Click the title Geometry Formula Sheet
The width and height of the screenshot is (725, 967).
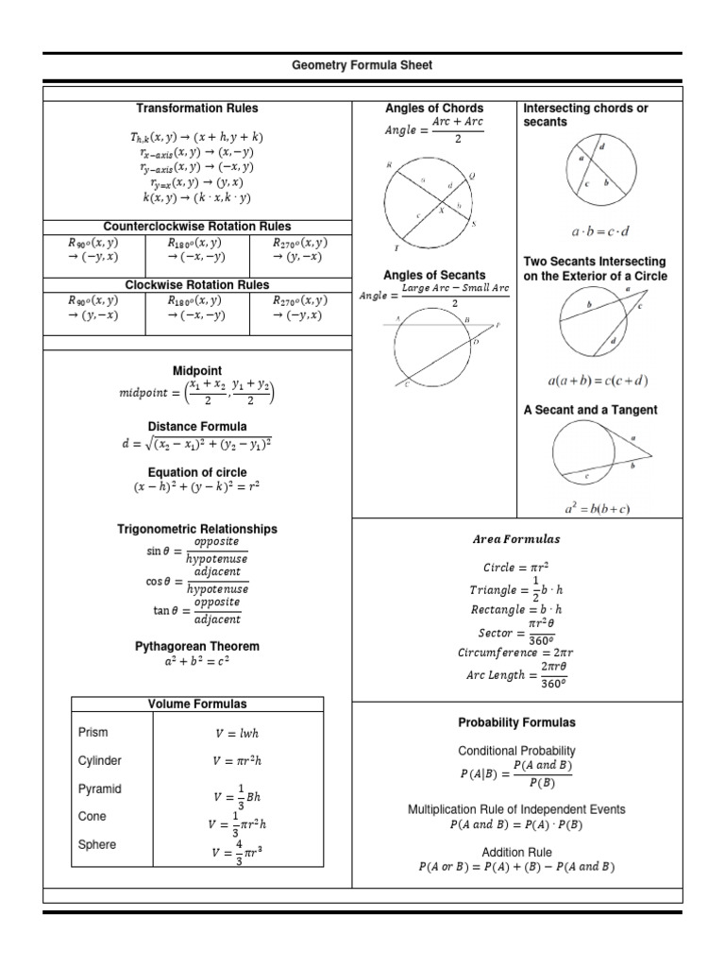362,65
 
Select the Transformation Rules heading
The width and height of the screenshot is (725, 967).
197,109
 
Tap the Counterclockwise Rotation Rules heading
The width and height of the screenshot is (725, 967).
197,227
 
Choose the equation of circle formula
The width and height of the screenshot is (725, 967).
197,487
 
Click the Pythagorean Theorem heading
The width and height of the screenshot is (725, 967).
197,647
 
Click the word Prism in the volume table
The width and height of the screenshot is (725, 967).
93,732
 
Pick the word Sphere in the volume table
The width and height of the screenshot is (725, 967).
97,844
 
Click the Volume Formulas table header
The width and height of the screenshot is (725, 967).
197,704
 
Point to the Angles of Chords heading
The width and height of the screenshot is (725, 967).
434,109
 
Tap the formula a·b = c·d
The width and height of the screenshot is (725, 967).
599,231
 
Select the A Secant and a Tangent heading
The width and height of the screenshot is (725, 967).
591,410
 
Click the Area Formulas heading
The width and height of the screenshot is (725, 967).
516,540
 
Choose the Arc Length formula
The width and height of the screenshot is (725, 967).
517,676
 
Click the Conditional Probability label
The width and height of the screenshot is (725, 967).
516,751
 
